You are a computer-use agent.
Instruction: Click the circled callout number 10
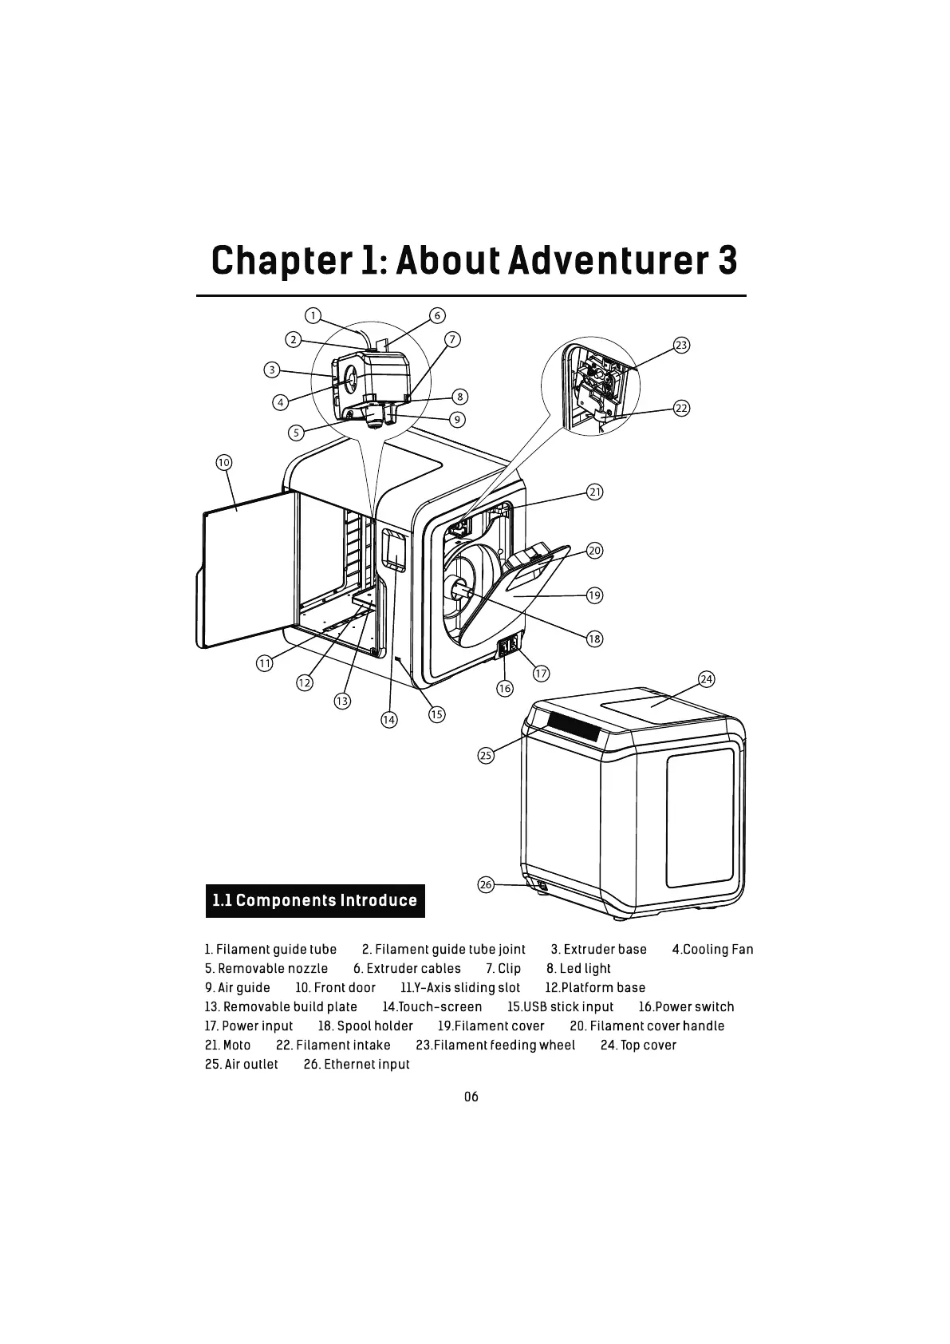coord(223,463)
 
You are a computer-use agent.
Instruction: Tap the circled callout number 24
coord(706,679)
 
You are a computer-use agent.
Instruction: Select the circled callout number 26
coord(486,884)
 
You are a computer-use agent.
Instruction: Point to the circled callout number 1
coord(313,315)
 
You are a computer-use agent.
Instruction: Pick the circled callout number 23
coord(681,345)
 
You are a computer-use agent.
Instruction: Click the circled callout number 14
coord(388,719)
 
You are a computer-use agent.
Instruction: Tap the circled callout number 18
coord(594,638)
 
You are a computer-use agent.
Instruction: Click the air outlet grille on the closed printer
coord(574,726)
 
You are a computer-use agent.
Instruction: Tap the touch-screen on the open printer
coord(392,549)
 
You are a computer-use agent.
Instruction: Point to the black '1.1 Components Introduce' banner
coord(315,901)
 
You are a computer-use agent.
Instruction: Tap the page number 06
coord(471,1097)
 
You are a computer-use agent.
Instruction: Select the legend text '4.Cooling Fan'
coord(712,950)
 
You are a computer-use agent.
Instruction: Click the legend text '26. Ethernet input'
coord(357,1065)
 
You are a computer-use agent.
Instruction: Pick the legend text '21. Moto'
coord(227,1046)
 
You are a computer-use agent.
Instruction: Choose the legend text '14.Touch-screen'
coord(432,1007)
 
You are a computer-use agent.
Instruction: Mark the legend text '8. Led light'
coord(578,969)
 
